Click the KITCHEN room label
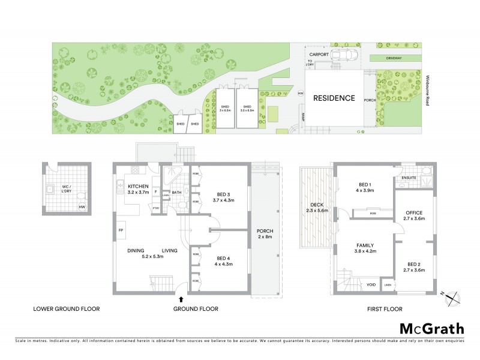pyautogui.click(x=138, y=187)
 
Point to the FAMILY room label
pyautogui.click(x=365, y=245)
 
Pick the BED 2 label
pyautogui.click(x=414, y=264)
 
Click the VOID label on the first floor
pyautogui.click(x=371, y=284)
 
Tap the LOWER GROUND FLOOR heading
pyautogui.click(x=67, y=309)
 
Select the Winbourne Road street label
pyautogui.click(x=427, y=89)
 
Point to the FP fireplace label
pyautogui.click(x=121, y=230)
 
